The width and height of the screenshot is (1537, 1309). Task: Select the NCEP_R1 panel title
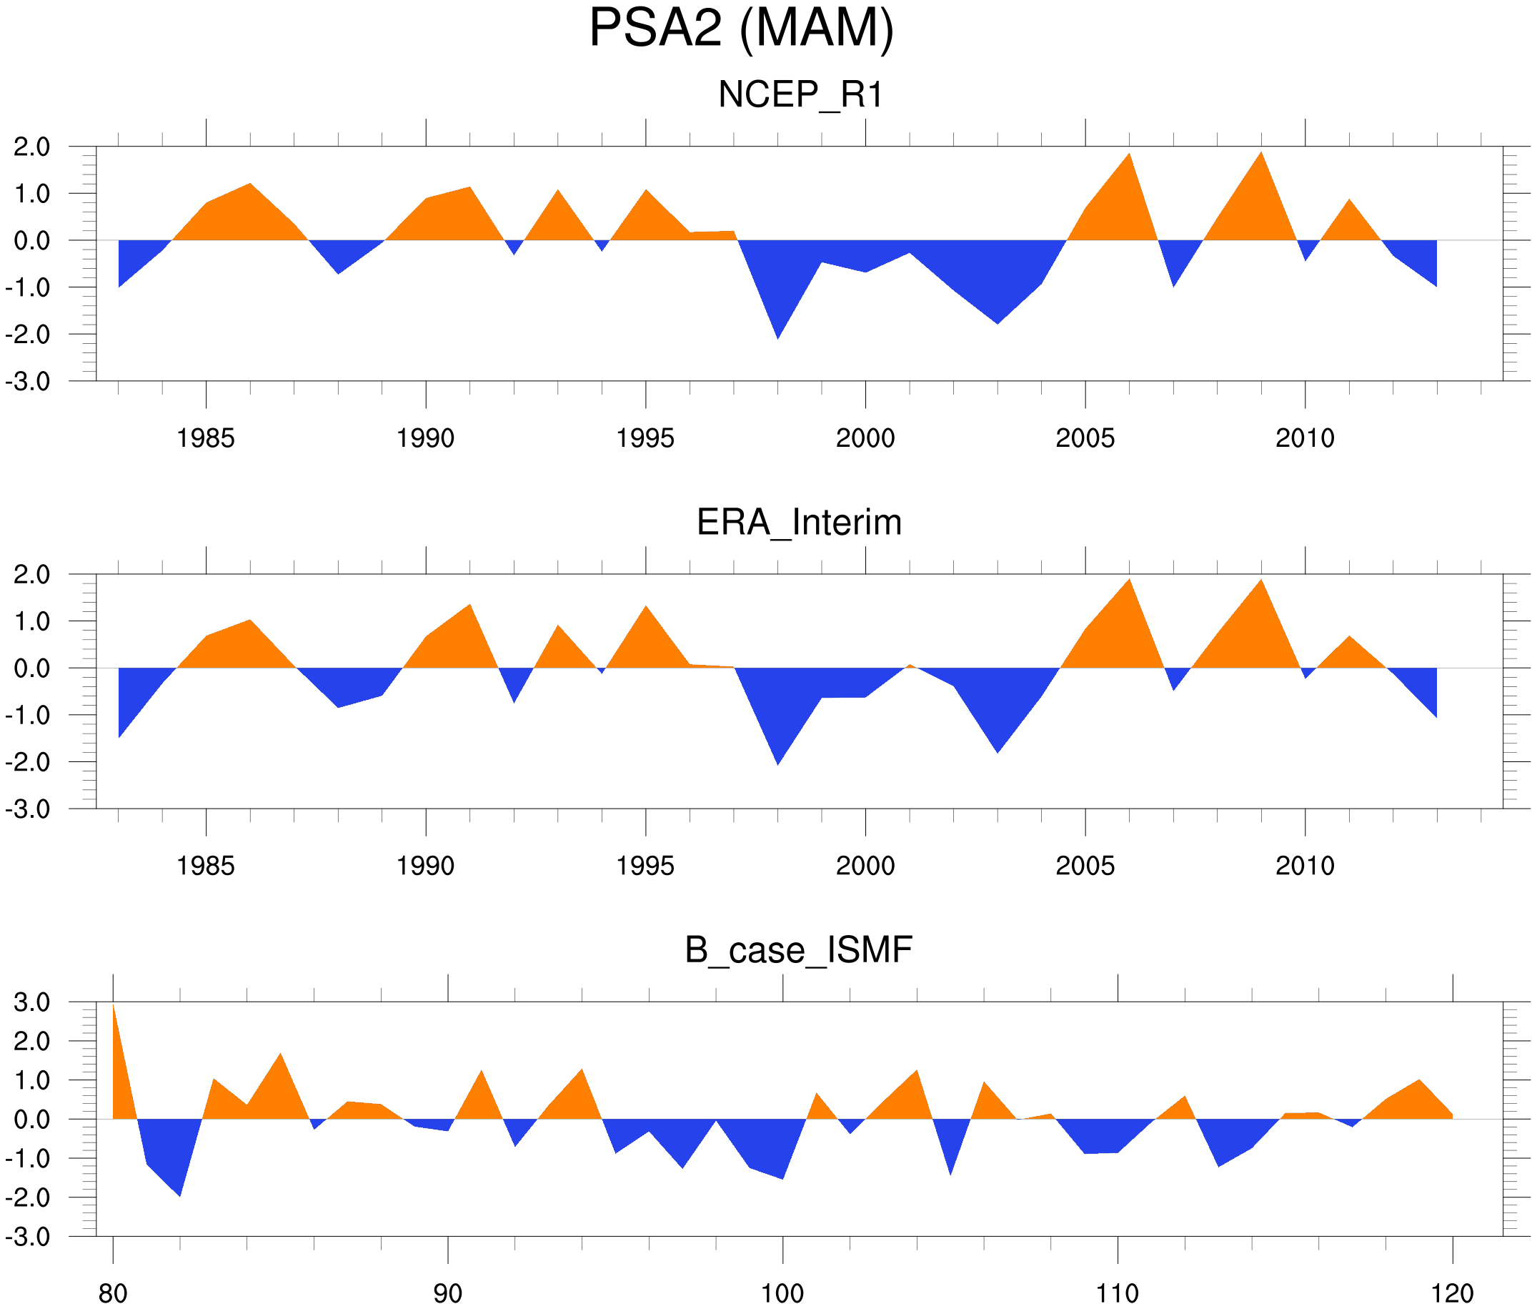pos(800,95)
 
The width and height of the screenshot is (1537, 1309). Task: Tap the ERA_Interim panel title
pos(799,523)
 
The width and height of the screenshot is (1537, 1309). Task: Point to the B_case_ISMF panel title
pos(798,951)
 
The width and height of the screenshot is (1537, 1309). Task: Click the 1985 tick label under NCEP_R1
pos(206,438)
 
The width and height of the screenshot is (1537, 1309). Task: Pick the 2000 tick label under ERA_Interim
pos(865,866)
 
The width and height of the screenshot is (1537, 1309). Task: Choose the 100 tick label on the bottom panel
pos(782,1294)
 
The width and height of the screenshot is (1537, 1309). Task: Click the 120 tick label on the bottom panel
pos(1452,1294)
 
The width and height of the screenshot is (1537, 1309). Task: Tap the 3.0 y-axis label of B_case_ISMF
pos(32,1002)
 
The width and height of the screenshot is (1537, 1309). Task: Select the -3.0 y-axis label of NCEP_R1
pos(28,382)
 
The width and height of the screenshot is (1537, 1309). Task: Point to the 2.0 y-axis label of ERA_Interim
pos(32,574)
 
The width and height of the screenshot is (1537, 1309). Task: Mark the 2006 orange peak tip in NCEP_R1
pos(1129,154)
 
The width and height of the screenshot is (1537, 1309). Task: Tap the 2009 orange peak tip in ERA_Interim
pos(1261,580)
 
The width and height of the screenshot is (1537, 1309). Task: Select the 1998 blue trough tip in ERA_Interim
pos(777,765)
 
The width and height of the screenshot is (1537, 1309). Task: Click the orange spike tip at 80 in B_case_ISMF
pos(114,1004)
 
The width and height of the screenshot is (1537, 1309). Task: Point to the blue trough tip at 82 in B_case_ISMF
pos(180,1196)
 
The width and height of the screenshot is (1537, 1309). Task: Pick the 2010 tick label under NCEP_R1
pos(1305,438)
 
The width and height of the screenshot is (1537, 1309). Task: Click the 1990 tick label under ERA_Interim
pos(425,866)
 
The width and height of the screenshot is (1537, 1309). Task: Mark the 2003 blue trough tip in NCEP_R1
pos(998,324)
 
